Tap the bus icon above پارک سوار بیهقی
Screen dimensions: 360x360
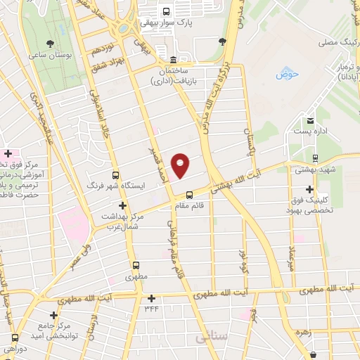point(166,11)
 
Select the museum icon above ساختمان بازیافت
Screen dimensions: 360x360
point(174,59)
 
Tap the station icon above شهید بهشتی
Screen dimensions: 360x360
point(314,157)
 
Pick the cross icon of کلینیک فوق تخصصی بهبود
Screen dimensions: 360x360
point(310,189)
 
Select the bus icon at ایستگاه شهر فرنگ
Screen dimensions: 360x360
point(115,175)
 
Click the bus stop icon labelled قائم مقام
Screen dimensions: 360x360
point(188,195)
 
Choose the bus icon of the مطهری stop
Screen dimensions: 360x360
point(137,266)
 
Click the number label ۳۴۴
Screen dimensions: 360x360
point(151,307)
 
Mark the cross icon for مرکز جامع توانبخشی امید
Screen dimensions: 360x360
point(53,315)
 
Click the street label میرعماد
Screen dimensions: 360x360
point(290,260)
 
